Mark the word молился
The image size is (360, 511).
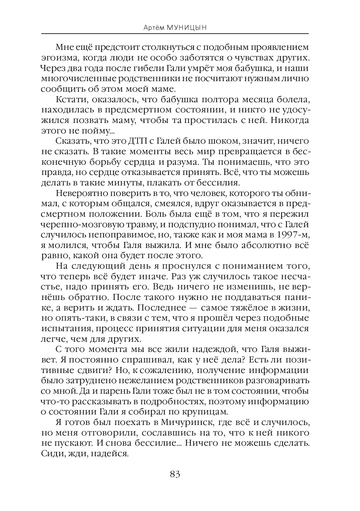[66, 244]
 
